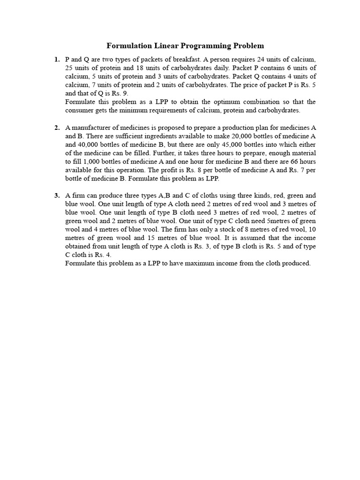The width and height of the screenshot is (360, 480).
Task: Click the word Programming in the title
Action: [204, 45]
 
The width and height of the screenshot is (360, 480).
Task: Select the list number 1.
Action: [57, 60]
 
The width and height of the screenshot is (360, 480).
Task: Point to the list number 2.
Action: [57, 128]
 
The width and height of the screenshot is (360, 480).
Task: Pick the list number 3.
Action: [57, 195]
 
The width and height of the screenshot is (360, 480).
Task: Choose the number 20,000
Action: [230, 136]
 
